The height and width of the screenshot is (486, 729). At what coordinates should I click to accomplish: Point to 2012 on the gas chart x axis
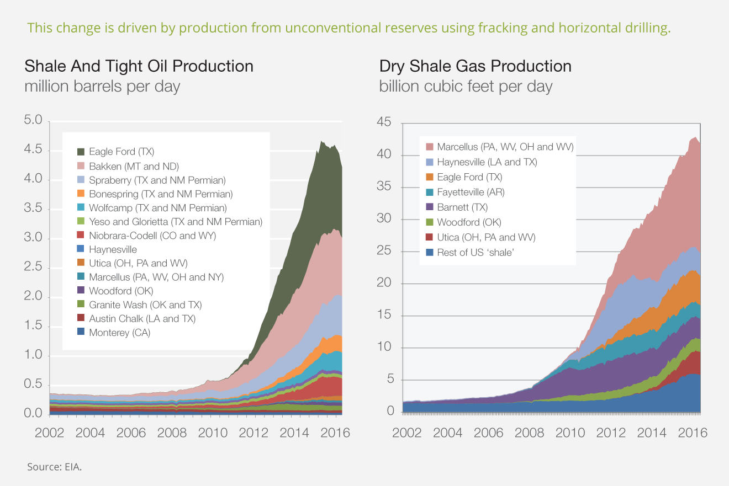coord(611,432)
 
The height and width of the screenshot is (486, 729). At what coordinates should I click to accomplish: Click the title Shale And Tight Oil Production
coord(139,67)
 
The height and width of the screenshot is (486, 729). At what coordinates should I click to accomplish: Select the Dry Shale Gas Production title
coord(475,67)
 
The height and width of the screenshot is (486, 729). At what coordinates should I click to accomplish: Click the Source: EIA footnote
coord(54,467)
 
